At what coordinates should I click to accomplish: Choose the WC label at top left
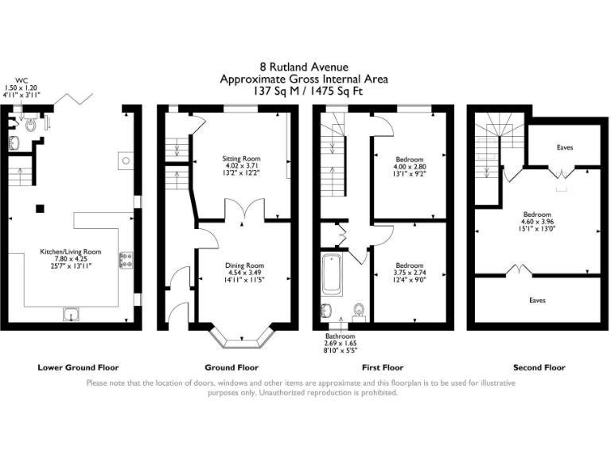point(11,80)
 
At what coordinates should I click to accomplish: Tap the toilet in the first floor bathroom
point(360,310)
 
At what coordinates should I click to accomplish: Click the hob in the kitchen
point(126,258)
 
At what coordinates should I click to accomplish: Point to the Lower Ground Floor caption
point(78,367)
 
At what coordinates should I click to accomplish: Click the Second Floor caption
point(539,367)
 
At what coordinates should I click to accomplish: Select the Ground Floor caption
point(231,367)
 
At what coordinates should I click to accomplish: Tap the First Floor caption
point(383,367)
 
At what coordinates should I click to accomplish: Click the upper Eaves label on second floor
point(564,148)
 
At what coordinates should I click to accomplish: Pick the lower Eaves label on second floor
point(538,301)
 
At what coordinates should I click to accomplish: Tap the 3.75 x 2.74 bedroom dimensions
point(410,273)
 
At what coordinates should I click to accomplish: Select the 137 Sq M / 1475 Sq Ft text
point(304,91)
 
